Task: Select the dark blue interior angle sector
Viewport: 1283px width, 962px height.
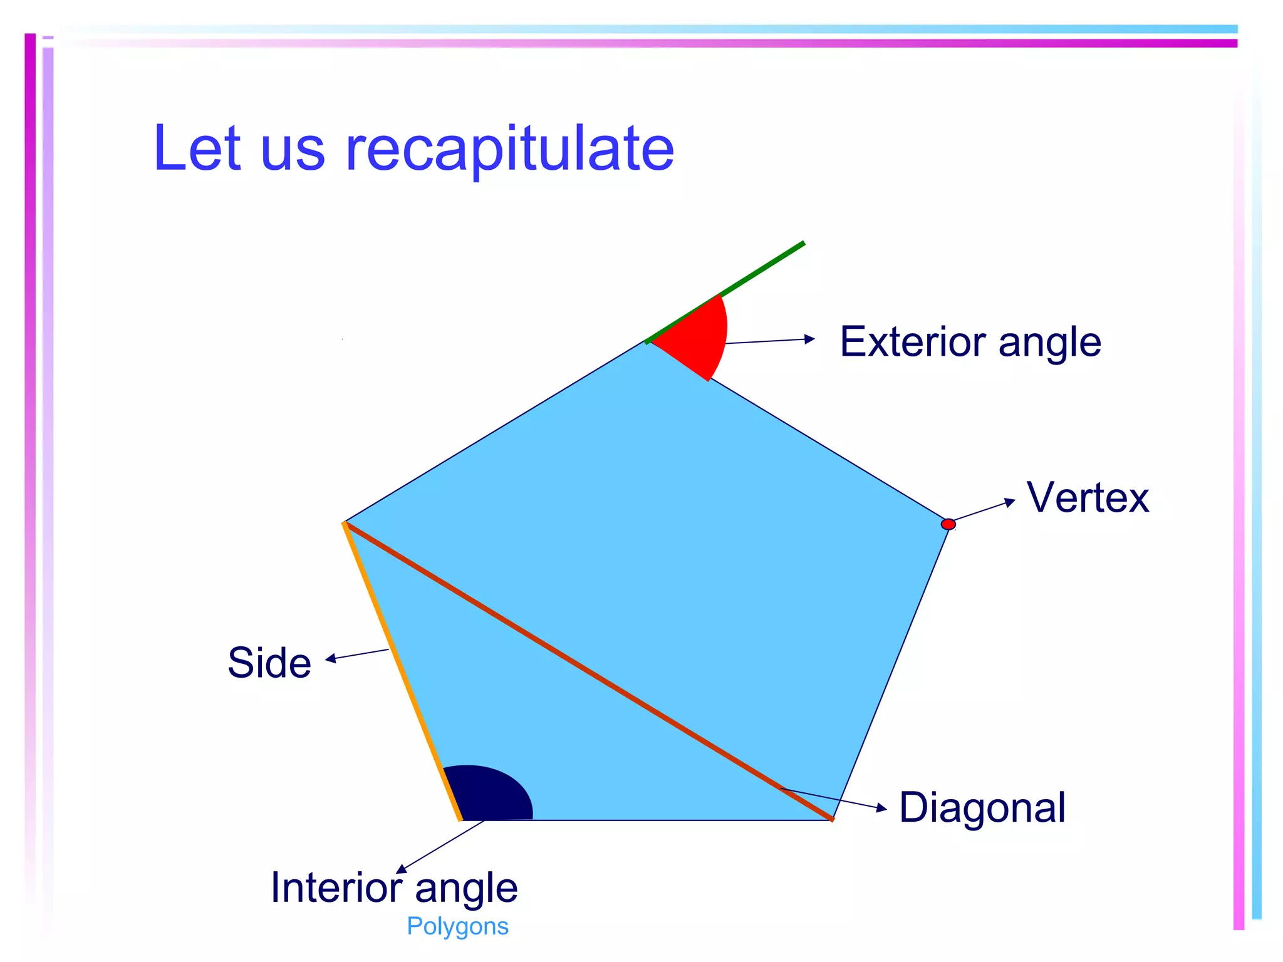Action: [x=489, y=794]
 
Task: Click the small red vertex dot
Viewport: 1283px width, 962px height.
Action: [x=948, y=524]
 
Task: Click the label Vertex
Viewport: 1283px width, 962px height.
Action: [x=1088, y=498]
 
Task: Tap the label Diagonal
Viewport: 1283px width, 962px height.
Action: [x=982, y=807]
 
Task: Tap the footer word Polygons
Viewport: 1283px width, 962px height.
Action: [x=457, y=926]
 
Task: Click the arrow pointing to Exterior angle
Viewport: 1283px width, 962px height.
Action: [x=770, y=341]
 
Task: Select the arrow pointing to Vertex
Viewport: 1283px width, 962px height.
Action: [x=983, y=510]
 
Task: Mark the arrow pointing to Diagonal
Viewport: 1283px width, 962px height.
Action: [x=833, y=799]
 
